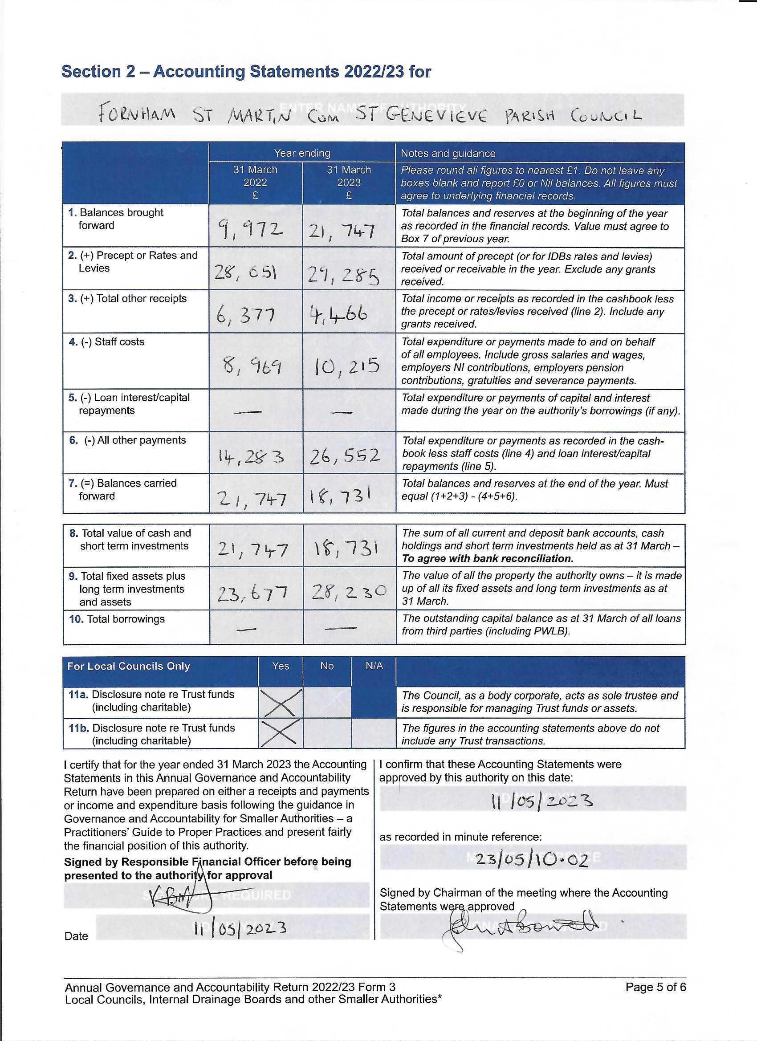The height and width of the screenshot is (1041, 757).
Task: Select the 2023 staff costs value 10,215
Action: (x=347, y=366)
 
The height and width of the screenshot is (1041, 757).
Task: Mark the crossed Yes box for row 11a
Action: (x=281, y=702)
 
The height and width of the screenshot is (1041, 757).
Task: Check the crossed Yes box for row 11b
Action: (x=281, y=733)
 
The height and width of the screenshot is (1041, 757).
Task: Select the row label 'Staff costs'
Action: (x=119, y=342)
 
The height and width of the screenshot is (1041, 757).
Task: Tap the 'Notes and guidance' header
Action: (x=448, y=153)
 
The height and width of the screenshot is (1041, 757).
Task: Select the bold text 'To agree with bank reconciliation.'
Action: (x=488, y=559)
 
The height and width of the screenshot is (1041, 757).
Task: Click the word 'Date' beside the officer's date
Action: (x=76, y=936)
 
